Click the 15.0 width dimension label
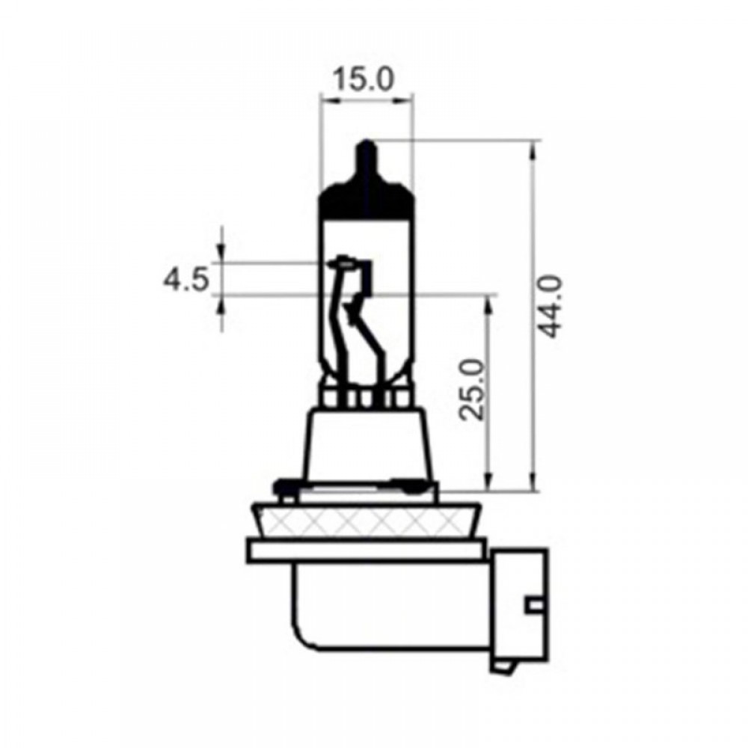tap(364, 79)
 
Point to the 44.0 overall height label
tap(552, 306)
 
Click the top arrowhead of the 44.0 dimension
tap(533, 150)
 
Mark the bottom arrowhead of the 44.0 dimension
tap(533, 482)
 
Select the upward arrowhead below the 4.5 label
tap(222, 302)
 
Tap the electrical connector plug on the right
tap(518, 606)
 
